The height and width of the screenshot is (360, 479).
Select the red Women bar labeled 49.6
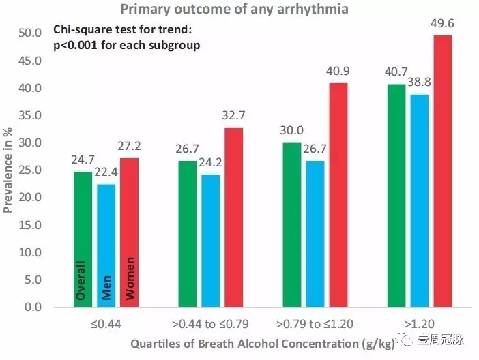443,170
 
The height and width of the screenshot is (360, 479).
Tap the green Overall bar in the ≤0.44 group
83,239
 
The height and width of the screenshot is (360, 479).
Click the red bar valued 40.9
338,194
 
